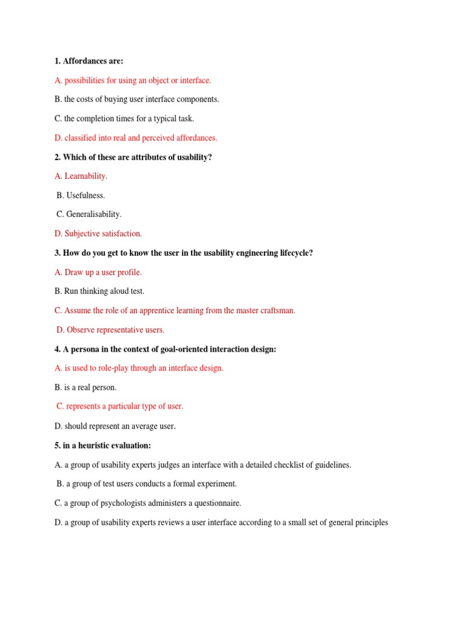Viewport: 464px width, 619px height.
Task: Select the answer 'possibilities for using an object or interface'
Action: coord(133,80)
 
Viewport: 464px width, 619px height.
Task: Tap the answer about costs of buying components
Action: coord(137,99)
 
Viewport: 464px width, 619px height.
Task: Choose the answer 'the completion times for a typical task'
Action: coord(124,118)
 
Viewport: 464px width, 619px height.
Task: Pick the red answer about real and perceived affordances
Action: coord(136,138)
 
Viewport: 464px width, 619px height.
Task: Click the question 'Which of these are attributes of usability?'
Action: coord(133,157)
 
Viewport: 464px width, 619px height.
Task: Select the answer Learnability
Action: coord(81,176)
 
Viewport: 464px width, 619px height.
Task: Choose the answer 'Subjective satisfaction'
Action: coord(98,233)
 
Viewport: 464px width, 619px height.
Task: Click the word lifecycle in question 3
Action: coord(295,253)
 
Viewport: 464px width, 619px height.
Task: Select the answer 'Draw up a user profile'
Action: coord(98,272)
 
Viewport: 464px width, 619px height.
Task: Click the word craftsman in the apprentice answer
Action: coord(275,310)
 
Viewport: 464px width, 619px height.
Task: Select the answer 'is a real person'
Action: coord(85,387)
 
